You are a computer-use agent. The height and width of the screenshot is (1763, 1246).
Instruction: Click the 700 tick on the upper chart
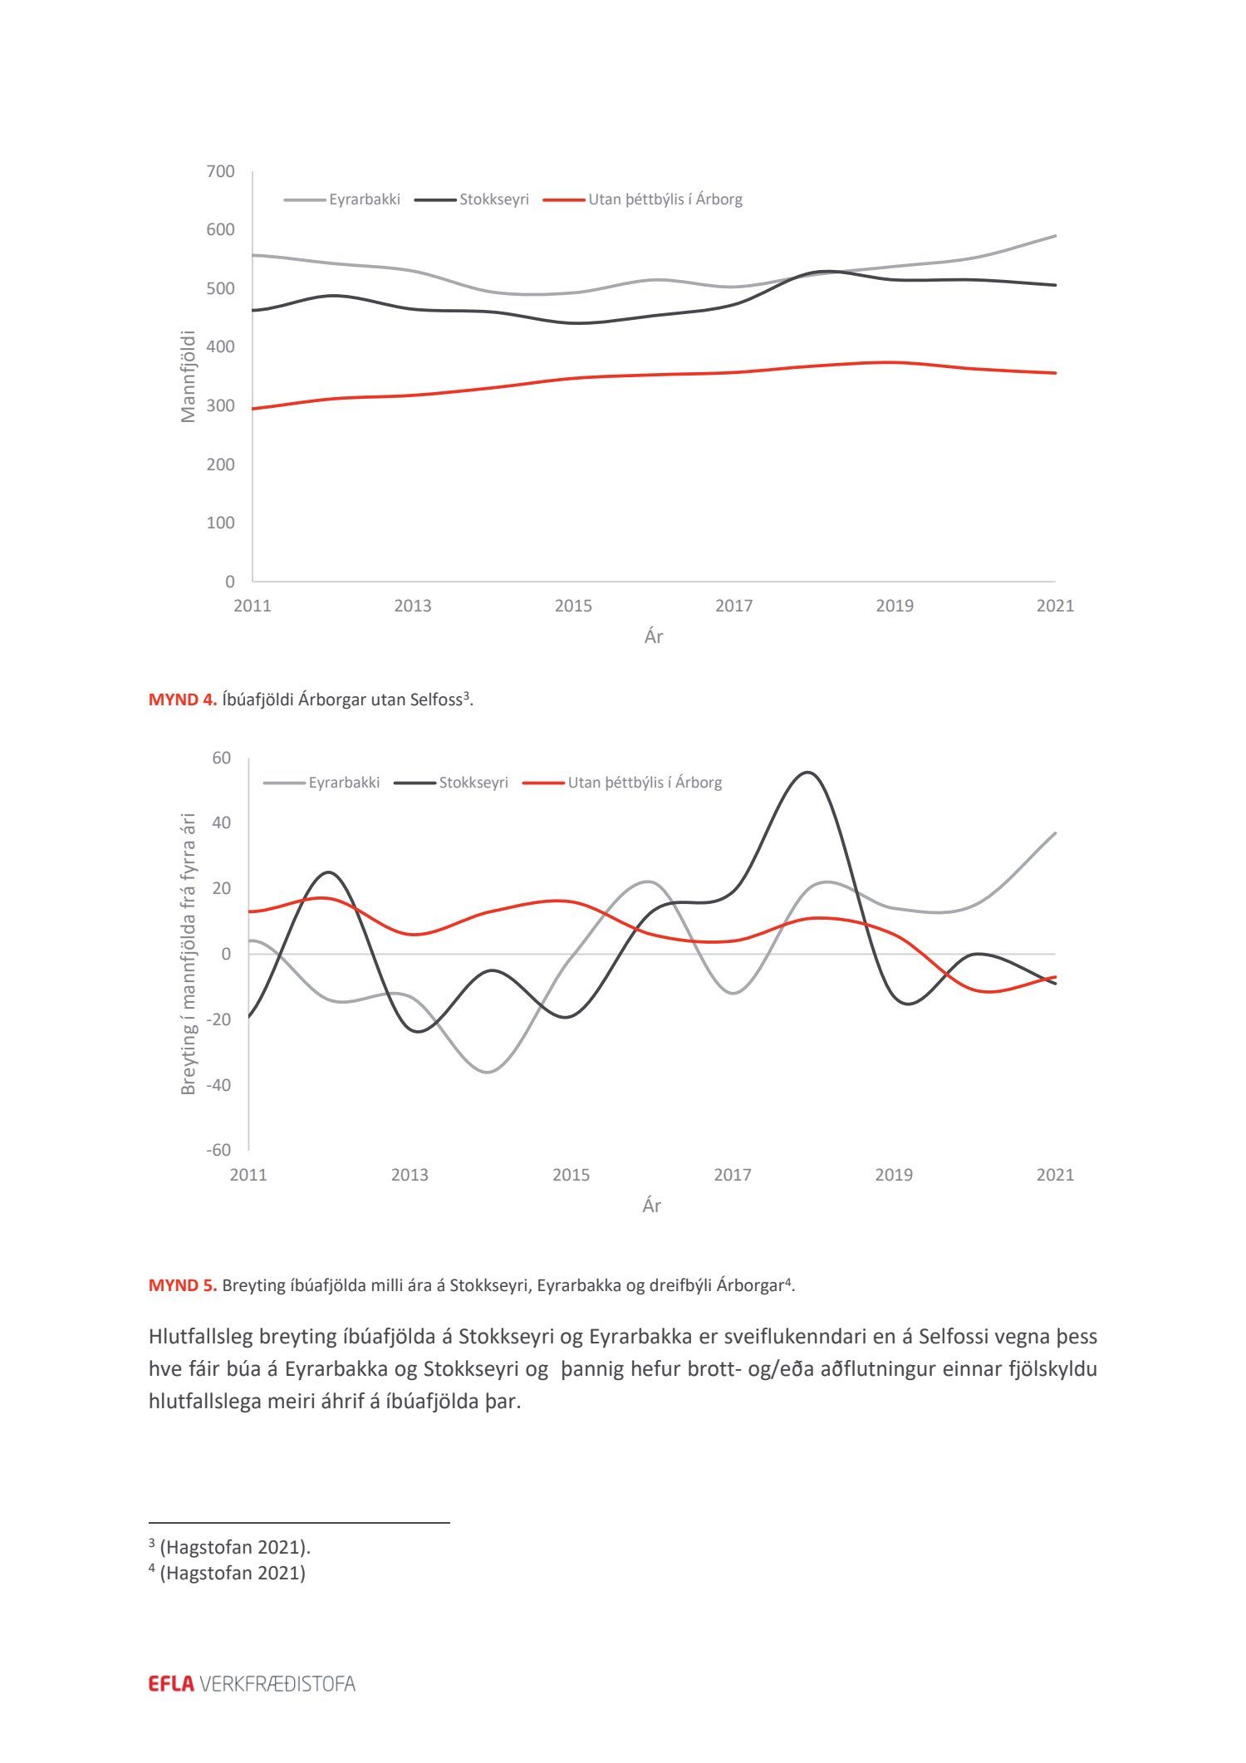[x=220, y=171]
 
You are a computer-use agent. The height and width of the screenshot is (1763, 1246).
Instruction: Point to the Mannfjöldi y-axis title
[x=189, y=376]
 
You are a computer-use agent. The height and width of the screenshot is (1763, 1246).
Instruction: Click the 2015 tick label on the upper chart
[x=573, y=606]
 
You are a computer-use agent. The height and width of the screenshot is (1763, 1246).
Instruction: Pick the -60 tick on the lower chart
[x=218, y=1150]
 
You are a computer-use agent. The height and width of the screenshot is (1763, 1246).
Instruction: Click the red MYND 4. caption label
[x=183, y=700]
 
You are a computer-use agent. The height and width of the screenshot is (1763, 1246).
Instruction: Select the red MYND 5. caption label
[x=183, y=1285]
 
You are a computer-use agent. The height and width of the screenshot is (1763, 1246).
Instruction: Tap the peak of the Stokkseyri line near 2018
[x=808, y=773]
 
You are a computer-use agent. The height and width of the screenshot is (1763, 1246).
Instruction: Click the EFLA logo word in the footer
[x=171, y=1684]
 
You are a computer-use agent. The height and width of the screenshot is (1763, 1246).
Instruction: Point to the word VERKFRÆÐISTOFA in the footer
[x=277, y=1684]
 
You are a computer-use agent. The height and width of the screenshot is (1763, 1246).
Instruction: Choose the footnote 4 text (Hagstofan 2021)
[x=232, y=1573]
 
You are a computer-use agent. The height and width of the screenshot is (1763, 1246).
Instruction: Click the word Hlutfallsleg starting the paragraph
[x=201, y=1337]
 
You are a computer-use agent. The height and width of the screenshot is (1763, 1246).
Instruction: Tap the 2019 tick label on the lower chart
[x=894, y=1175]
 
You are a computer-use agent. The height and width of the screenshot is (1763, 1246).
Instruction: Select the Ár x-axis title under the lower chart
[x=652, y=1206]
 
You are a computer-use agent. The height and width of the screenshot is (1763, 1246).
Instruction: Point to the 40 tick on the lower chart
[x=221, y=823]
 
